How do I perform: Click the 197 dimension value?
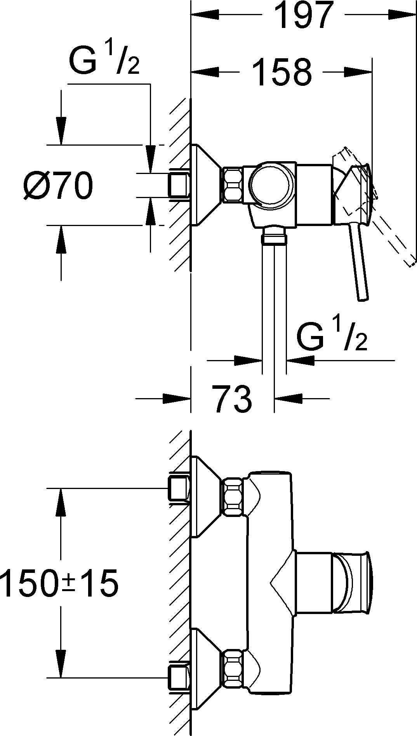[x=304, y=16]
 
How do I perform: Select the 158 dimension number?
[x=281, y=72]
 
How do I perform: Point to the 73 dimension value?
[x=232, y=398]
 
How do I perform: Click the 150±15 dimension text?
[x=59, y=583]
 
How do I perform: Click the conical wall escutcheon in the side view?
[x=206, y=185]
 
